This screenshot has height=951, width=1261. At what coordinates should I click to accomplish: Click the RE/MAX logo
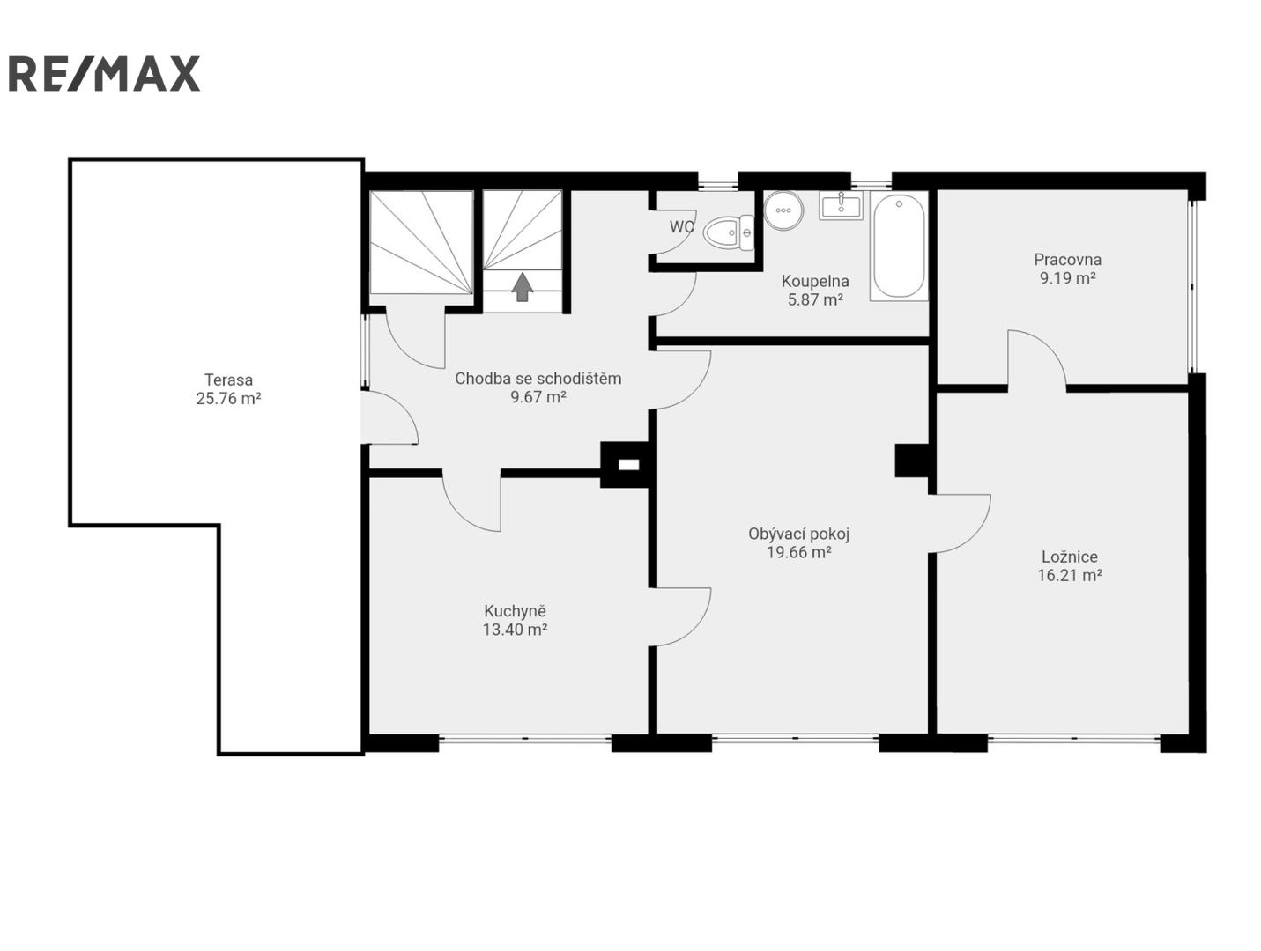coord(104,73)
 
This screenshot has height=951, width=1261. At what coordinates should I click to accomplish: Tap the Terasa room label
coord(228,380)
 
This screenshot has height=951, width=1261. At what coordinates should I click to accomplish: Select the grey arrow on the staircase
coord(522,287)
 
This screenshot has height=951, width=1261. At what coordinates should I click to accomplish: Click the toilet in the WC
coord(729,232)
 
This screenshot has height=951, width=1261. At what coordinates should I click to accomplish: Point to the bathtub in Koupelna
coord(899,247)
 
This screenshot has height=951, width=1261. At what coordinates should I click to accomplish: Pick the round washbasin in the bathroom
coord(783,210)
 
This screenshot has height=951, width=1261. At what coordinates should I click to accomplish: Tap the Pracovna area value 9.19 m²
coord(1067,278)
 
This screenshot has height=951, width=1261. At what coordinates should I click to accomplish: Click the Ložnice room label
coord(1070,557)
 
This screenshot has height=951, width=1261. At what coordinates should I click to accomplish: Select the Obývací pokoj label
coord(798,534)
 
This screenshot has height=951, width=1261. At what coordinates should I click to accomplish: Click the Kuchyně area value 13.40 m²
coord(515,630)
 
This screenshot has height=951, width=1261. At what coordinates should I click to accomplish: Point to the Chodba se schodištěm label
coord(538,379)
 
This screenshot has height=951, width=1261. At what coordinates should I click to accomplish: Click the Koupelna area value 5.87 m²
coord(815,299)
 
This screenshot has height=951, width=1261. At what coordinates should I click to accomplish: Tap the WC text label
coord(682,226)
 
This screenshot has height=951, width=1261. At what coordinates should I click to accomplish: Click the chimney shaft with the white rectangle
coord(628,464)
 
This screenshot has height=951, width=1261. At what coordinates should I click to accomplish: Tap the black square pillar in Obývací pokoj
coord(912,461)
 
